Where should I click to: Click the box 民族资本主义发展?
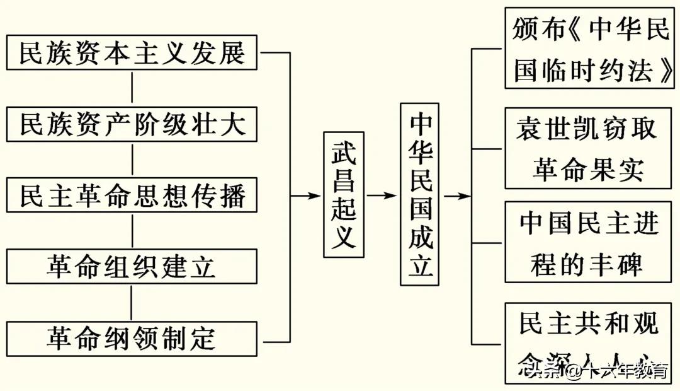[132, 53]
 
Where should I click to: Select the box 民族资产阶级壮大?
[132, 124]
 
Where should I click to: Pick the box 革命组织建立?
[132, 267]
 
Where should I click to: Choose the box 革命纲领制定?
[132, 339]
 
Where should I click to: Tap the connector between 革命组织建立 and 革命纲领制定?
[132, 303]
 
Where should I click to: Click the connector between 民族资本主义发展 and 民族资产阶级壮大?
[132, 88]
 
